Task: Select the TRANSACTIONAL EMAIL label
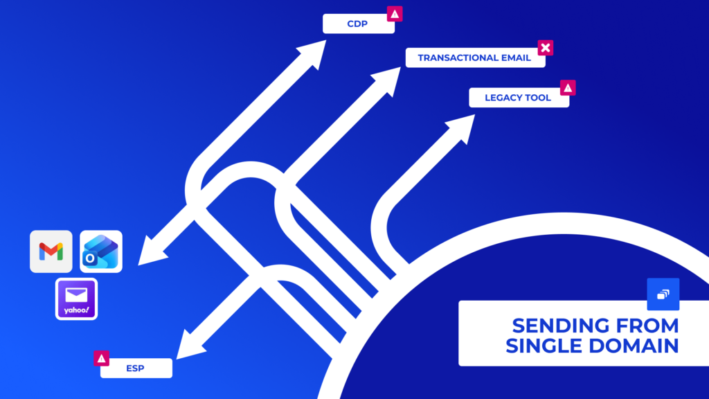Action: pyautogui.click(x=474, y=58)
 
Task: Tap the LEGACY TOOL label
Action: pyautogui.click(x=518, y=98)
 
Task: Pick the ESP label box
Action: pyautogui.click(x=136, y=369)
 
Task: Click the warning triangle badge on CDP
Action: pyautogui.click(x=394, y=13)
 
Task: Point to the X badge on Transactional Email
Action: pyautogui.click(x=546, y=48)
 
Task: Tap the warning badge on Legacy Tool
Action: pyautogui.click(x=568, y=88)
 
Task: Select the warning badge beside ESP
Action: pyautogui.click(x=102, y=358)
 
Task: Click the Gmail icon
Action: pyautogui.click(x=51, y=251)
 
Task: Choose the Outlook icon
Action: pyautogui.click(x=101, y=251)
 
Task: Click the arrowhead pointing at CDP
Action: pyautogui.click(x=313, y=52)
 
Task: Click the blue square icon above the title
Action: pyautogui.click(x=663, y=294)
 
